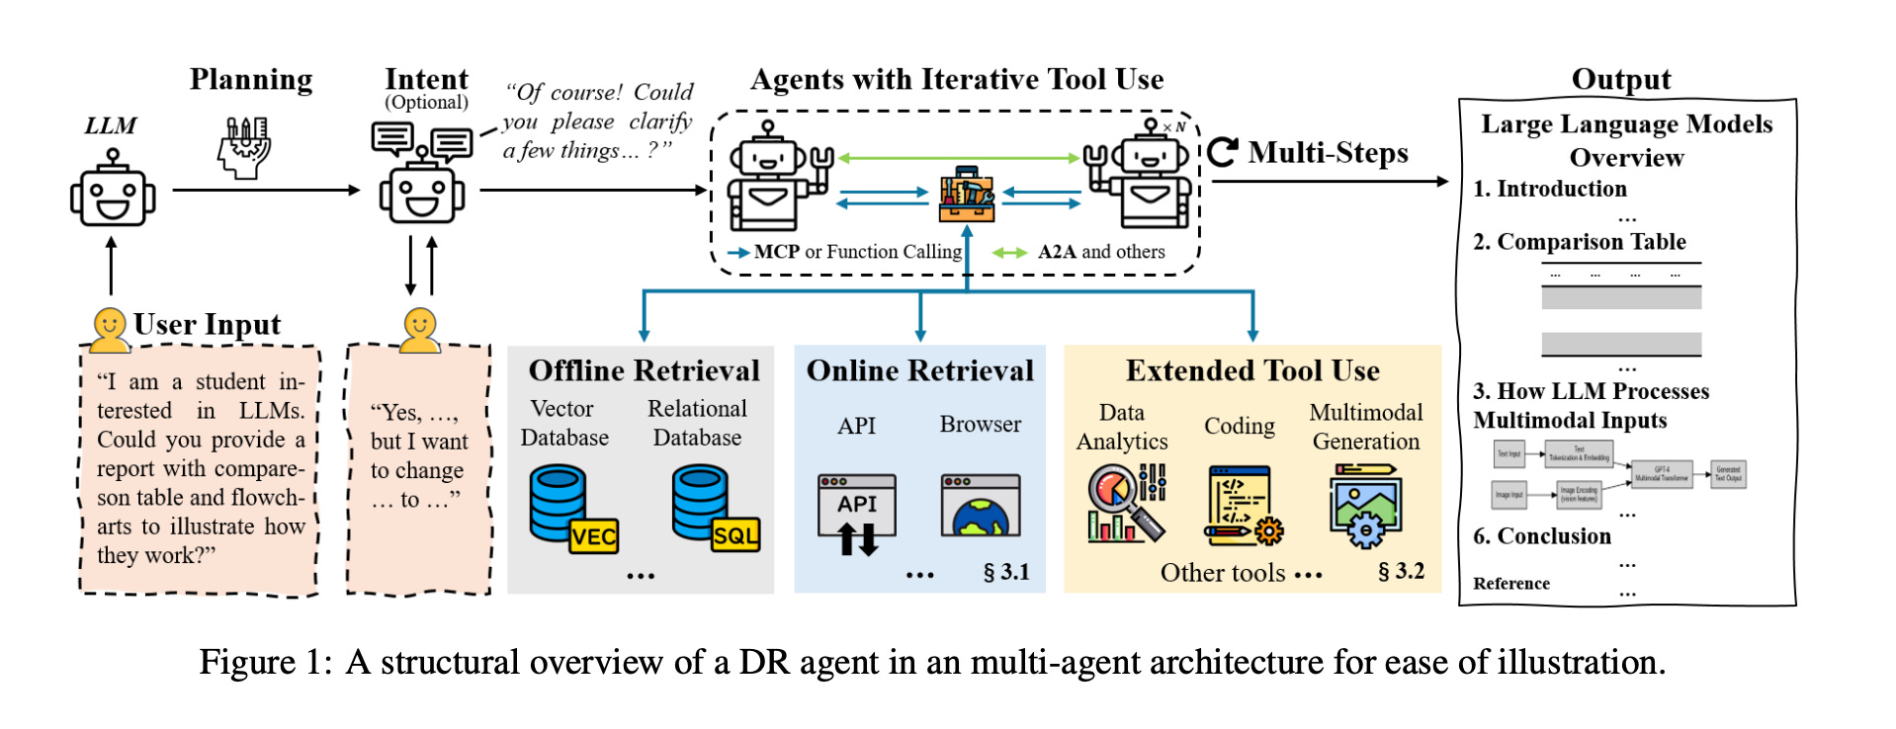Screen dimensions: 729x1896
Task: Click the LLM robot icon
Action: point(113,190)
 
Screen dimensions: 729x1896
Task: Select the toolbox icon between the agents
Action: point(967,195)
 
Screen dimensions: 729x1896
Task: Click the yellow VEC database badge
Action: point(593,536)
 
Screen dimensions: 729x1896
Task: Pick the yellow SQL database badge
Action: point(735,535)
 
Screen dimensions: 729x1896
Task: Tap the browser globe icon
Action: point(980,507)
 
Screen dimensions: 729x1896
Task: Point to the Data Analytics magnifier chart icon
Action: point(1126,504)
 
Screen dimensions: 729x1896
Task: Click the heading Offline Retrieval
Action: point(644,370)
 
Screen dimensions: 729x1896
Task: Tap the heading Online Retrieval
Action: point(919,370)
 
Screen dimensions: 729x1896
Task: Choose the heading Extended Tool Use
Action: point(1252,370)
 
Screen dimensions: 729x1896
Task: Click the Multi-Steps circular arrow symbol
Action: point(1223,152)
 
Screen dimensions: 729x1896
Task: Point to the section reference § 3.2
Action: point(1401,571)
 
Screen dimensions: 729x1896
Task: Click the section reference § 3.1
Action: point(1006,572)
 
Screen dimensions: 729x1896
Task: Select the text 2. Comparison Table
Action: point(1579,242)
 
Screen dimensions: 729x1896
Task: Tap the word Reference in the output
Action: point(1510,584)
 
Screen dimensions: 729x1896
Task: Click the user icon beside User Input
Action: point(109,329)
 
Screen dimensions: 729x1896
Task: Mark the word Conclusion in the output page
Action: point(1553,536)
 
